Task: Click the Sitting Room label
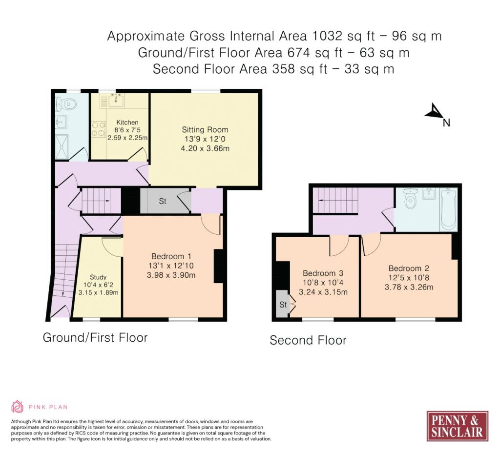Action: click(x=205, y=129)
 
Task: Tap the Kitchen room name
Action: click(x=127, y=122)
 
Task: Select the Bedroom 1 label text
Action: click(x=171, y=256)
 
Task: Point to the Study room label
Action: click(x=98, y=277)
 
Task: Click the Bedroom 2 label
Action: click(x=409, y=268)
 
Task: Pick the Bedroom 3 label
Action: click(x=323, y=273)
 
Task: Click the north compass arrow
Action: click(x=433, y=111)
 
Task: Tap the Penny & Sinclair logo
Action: click(x=457, y=426)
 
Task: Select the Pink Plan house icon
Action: click(x=17, y=407)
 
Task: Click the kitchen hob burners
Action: click(x=99, y=129)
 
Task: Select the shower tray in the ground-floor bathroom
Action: click(x=62, y=147)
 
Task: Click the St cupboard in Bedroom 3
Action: click(x=283, y=304)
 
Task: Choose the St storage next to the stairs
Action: click(x=163, y=201)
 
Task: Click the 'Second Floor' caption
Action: click(x=308, y=340)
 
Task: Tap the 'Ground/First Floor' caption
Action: click(x=95, y=338)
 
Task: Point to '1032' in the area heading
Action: click(x=327, y=36)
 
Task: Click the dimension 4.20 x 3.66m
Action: click(x=205, y=148)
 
